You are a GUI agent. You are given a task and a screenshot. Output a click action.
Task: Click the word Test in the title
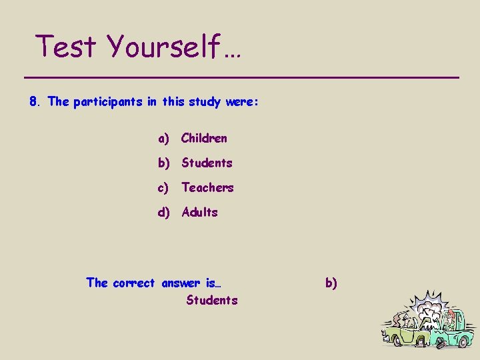(x=67, y=47)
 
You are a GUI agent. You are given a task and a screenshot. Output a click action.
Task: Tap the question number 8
(x=34, y=102)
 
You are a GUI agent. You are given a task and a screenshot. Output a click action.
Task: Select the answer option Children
(x=204, y=138)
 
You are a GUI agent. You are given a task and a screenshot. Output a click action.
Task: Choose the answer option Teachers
(x=207, y=187)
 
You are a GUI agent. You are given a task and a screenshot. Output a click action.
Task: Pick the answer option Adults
(x=199, y=212)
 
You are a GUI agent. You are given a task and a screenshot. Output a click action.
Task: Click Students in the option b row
(x=207, y=163)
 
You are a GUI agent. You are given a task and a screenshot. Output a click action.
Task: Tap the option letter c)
(x=164, y=187)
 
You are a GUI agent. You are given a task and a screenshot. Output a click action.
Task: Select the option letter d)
(x=165, y=212)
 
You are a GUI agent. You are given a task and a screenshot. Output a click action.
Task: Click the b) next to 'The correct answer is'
(x=331, y=283)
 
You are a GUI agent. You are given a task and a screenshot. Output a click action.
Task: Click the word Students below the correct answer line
(x=211, y=300)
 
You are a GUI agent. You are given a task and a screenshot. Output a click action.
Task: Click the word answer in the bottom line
(x=182, y=283)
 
